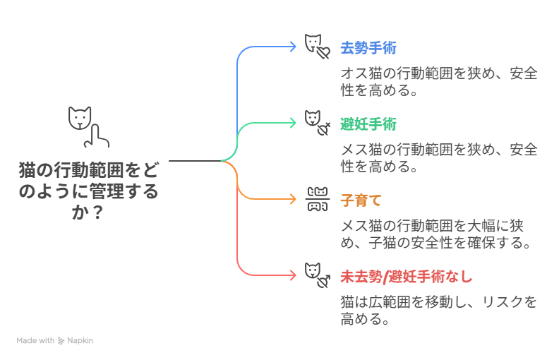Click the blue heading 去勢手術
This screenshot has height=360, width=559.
pos(368,48)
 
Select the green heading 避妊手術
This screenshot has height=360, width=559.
pos(368,124)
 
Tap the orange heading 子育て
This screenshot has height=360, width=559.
pos(361,200)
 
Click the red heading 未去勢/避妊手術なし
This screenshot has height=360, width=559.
pos(406,276)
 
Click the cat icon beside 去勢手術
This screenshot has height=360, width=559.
pos(317,46)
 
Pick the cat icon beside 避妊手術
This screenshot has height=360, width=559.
pos(317,122)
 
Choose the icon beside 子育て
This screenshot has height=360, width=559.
pos(317,199)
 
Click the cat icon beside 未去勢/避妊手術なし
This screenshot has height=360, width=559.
pos(317,275)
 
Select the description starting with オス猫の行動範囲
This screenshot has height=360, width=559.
pos(438,82)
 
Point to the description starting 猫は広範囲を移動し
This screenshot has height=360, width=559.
pos(438,311)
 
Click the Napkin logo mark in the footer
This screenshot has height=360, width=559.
pos(62,340)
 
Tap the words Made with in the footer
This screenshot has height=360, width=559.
pos(35,340)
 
